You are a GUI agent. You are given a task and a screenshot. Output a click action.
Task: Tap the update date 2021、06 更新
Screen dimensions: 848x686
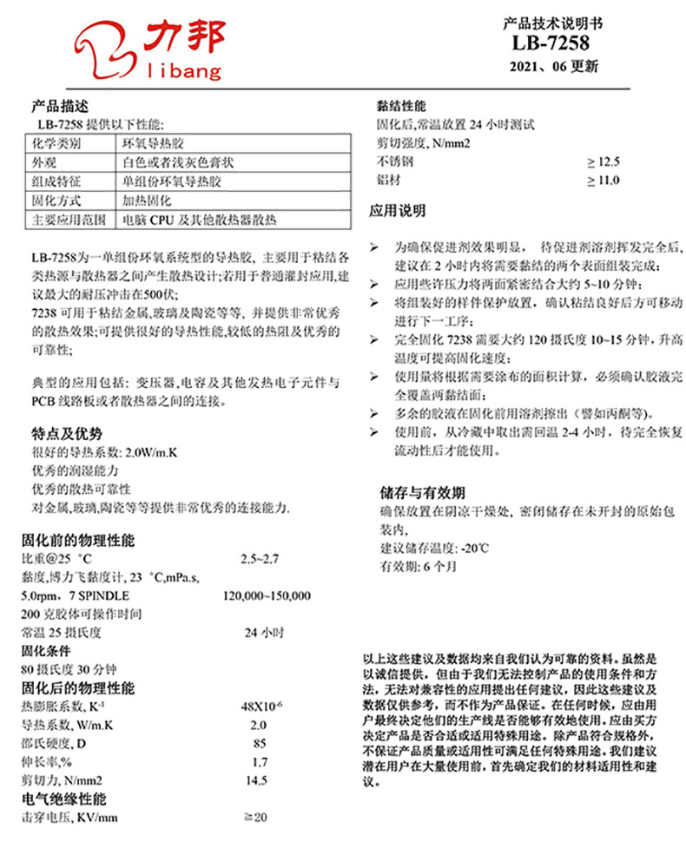[x=553, y=67]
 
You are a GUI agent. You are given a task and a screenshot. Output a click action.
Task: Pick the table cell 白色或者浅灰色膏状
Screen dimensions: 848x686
[x=179, y=162]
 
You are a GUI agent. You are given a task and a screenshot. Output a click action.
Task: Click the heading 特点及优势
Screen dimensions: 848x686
[x=66, y=434]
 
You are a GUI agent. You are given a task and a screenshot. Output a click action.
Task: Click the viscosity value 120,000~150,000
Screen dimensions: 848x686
[x=267, y=596]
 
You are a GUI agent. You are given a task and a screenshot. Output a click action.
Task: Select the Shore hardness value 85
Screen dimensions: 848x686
[x=258, y=744]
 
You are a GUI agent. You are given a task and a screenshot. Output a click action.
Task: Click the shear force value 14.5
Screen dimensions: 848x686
[x=258, y=781]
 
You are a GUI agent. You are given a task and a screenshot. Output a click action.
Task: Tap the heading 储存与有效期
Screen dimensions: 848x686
[x=423, y=492]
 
